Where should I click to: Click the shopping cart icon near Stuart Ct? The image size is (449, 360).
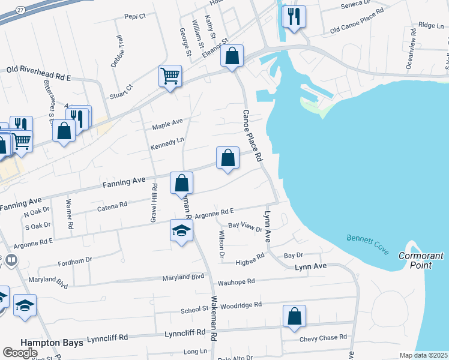coord(170,76)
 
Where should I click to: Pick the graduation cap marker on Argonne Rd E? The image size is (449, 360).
coord(181,231)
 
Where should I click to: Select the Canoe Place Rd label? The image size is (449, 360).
coord(253,135)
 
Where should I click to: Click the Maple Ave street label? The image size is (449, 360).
coord(167,124)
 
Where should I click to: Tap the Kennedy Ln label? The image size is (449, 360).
coord(167,144)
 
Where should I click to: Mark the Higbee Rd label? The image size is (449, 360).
coord(250,259)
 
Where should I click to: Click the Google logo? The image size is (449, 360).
coord(20,352)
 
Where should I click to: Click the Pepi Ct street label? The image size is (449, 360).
coord(135,16)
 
